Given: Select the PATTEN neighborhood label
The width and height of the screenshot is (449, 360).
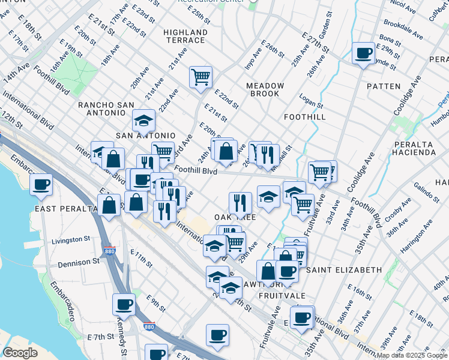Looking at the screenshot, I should pyautogui.click(x=383, y=86).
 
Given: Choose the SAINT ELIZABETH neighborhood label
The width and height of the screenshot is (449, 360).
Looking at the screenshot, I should pyautogui.click(x=344, y=270).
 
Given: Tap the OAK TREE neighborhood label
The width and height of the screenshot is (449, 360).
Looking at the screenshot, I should pyautogui.click(x=231, y=217).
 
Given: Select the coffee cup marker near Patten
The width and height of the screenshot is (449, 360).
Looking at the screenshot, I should pyautogui.click(x=363, y=53).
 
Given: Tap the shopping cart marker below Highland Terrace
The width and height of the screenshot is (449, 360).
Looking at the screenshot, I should pyautogui.click(x=200, y=76).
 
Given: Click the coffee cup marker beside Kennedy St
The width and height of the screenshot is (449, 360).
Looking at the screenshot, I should pyautogui.click(x=124, y=305).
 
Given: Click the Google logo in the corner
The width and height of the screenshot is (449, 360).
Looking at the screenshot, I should pyautogui.click(x=20, y=353).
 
